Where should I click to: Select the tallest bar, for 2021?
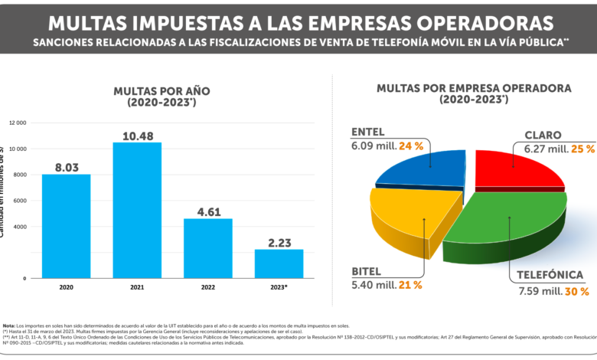[x=137, y=210]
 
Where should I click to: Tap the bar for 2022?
[x=207, y=248]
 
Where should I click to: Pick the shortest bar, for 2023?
[x=279, y=263]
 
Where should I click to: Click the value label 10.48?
[x=137, y=136]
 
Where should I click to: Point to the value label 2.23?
[x=279, y=242]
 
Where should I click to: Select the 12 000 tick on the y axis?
[x=17, y=123]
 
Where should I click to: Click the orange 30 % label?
[x=576, y=291]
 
